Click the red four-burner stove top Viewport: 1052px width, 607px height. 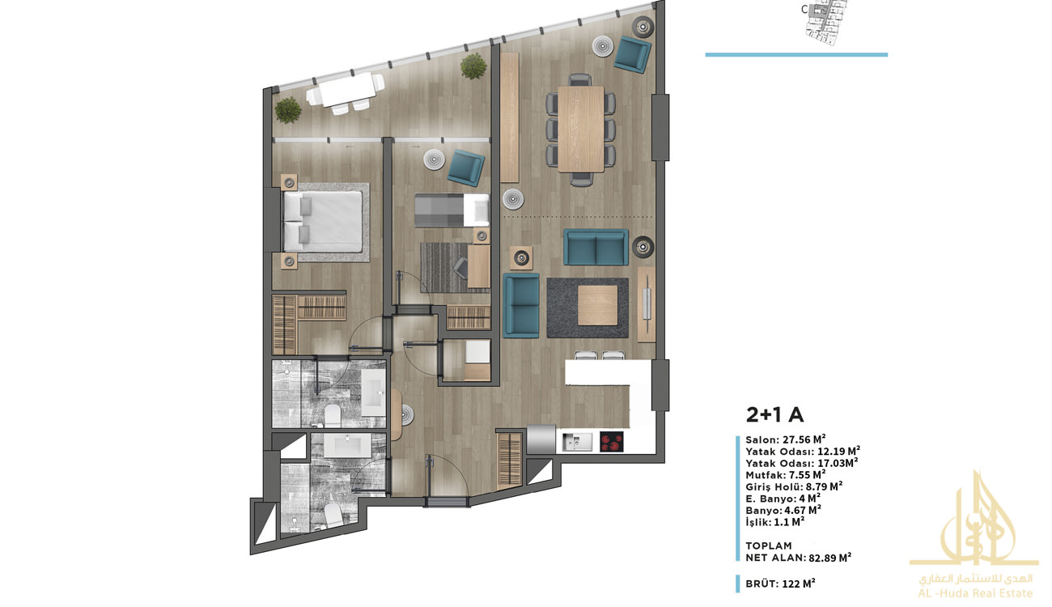click(x=612, y=442)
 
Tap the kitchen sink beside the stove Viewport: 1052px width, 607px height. click(x=578, y=442)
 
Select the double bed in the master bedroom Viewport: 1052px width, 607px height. click(x=324, y=222)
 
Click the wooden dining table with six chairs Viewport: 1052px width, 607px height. click(x=581, y=129)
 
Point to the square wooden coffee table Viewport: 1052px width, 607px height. click(x=597, y=305)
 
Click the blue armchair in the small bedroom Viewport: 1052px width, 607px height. click(x=465, y=168)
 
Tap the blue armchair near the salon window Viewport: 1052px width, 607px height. click(x=633, y=54)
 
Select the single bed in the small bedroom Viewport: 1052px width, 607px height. click(x=452, y=210)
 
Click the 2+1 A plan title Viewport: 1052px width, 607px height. click(x=775, y=415)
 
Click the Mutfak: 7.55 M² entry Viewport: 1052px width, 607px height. click(x=785, y=475)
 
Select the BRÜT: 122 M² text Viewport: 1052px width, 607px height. click(x=780, y=584)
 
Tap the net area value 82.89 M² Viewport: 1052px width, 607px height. click(x=829, y=558)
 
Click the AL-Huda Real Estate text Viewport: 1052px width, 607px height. click(x=975, y=593)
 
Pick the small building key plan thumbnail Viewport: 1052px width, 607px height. click(x=826, y=23)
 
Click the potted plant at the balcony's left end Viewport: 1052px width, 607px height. click(x=288, y=110)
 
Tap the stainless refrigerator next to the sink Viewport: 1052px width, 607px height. click(x=541, y=439)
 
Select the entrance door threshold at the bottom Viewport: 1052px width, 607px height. click(x=447, y=503)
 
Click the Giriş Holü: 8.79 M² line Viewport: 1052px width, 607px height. click(x=794, y=486)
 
